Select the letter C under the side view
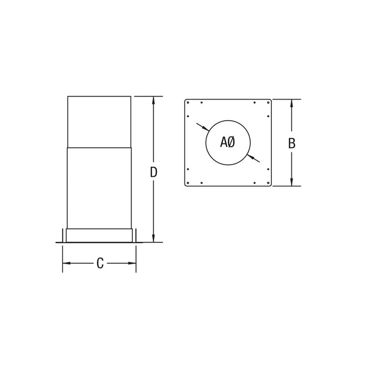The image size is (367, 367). tap(100, 264)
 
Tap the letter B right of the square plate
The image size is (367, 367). tap(291, 143)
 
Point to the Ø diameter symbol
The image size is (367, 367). tap(231, 142)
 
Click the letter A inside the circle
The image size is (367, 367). tap(224, 142)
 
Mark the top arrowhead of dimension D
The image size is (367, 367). tap(154, 100)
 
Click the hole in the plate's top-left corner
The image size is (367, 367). tap(189, 103)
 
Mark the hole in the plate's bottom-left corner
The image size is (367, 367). tap(189, 183)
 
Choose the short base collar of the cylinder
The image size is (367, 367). tap(100, 235)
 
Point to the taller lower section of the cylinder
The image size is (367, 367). tap(100, 186)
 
